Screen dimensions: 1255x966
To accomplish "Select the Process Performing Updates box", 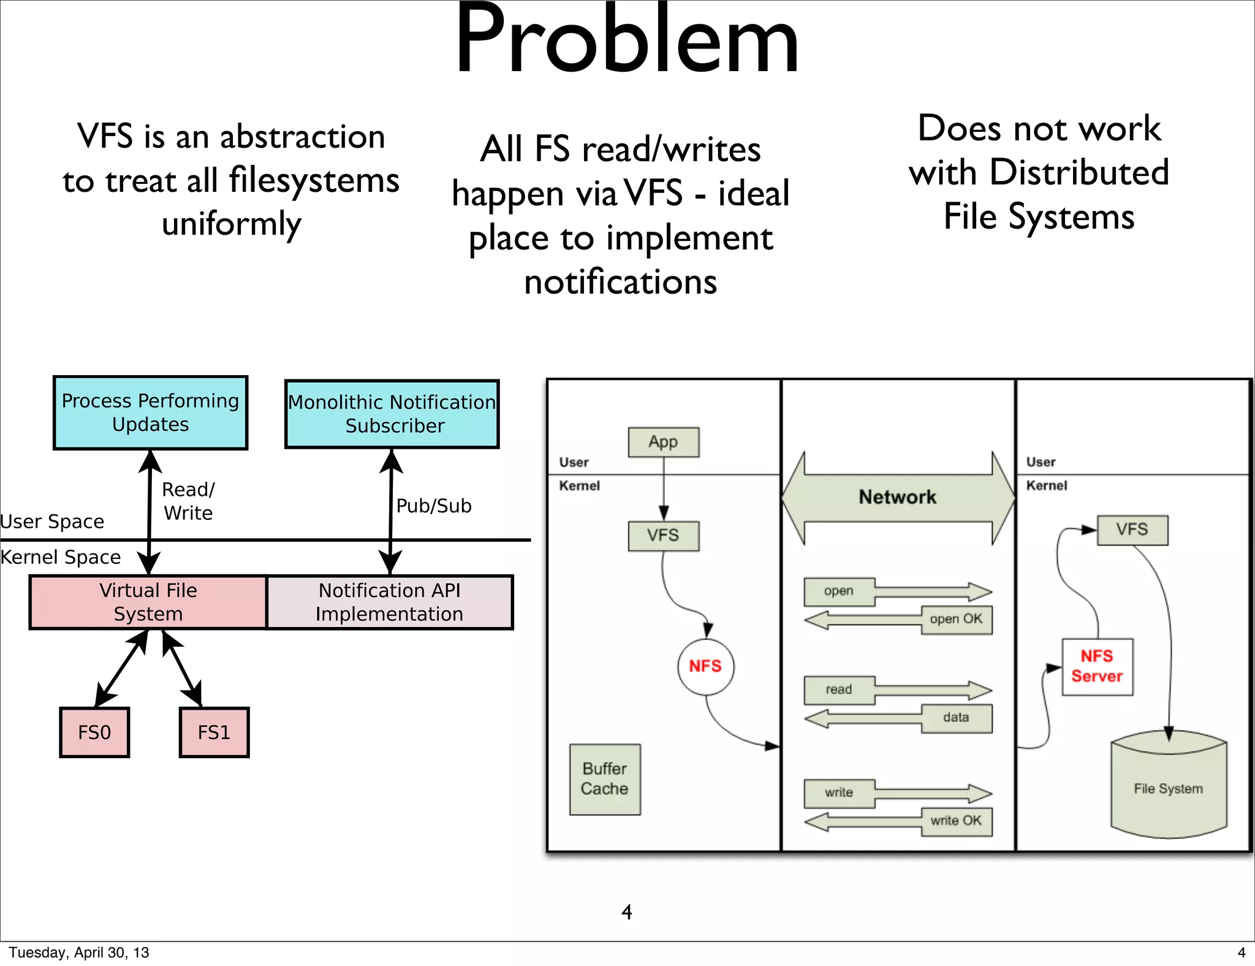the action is point(151,413).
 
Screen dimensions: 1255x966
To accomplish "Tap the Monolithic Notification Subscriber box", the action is point(392,414).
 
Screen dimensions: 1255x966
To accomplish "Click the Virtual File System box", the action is point(148,602).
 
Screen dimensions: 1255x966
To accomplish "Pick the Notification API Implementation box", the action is point(390,602).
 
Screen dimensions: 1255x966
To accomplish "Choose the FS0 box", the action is point(94,732).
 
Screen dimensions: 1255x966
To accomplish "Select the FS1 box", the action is point(214,732).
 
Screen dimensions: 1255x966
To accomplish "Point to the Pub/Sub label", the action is point(434,506).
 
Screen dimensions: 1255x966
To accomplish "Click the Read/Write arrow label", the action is point(188,501).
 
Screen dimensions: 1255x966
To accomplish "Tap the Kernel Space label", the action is point(61,557).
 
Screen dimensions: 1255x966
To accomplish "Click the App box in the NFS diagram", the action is point(664,442).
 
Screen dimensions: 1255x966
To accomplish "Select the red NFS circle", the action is point(706,666).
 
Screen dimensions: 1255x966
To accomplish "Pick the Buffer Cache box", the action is point(605,779).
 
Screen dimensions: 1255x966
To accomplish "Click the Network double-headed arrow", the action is point(898,498).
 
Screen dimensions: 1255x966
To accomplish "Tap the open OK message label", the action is point(956,619).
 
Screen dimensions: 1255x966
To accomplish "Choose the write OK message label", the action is point(956,821).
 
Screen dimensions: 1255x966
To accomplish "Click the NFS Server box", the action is point(1098,667).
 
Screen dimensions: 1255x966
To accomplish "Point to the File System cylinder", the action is point(1169,785).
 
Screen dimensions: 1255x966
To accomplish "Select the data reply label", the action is point(956,718).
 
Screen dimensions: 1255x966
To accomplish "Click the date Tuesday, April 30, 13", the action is point(79,953).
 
